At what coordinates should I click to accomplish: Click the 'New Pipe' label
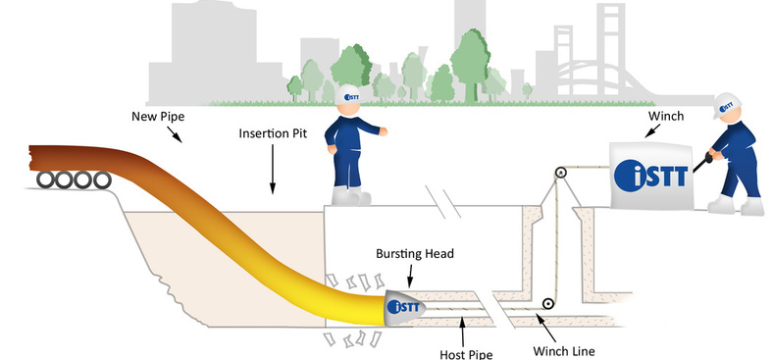pos(158,117)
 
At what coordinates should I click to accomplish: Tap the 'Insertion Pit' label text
pos(273,133)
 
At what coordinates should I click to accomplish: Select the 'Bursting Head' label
pos(415,254)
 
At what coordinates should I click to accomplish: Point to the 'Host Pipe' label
pos(466,354)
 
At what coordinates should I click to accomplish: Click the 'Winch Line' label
pos(564,351)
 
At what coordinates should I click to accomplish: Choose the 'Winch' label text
pos(665,116)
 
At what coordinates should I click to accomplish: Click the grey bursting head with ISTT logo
pos(404,307)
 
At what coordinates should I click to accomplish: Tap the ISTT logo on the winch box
pos(650,176)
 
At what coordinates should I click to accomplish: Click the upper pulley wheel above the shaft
pos(560,173)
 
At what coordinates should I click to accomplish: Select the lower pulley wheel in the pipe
pos(546,304)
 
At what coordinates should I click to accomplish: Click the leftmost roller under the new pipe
pos(45,180)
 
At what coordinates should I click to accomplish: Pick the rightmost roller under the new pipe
pos(102,180)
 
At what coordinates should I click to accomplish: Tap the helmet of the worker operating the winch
pos(726,104)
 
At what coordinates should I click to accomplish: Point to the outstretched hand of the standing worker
pos(383,131)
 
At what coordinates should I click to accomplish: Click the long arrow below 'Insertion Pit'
pos(272,169)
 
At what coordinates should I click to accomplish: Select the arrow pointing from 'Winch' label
pos(653,130)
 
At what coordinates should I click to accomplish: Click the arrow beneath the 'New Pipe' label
pos(174,134)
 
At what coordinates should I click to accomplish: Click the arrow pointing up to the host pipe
pos(462,332)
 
